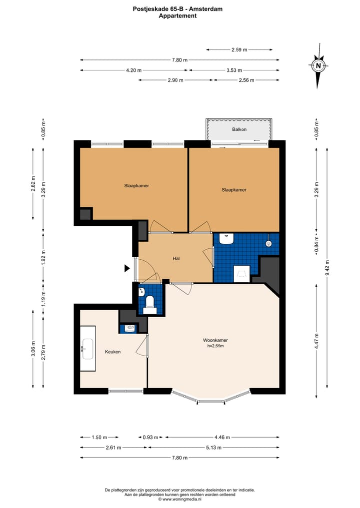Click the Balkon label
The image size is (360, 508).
click(x=239, y=129)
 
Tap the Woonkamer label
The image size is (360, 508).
click(x=215, y=340)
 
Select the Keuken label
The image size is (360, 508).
click(x=113, y=352)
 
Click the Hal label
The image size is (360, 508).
click(x=176, y=258)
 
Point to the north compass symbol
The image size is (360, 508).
click(x=318, y=66)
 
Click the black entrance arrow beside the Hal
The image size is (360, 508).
click(x=127, y=268)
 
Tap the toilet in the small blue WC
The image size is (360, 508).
click(x=150, y=305)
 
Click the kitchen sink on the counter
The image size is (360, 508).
click(x=87, y=349)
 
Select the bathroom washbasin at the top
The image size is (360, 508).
click(x=226, y=239)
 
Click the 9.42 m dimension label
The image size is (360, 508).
click(x=327, y=268)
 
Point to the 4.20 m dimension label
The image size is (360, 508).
click(x=133, y=70)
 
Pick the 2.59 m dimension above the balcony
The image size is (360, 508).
click(x=239, y=50)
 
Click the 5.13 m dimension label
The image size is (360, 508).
click(x=213, y=448)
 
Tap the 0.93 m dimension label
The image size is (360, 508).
click(x=150, y=438)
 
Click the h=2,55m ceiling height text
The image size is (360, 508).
click(x=215, y=346)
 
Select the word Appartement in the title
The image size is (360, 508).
click(x=177, y=16)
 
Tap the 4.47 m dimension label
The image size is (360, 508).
click(x=317, y=341)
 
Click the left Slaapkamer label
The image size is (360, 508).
click(x=136, y=186)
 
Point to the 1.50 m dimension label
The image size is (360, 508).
click(x=99, y=438)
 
